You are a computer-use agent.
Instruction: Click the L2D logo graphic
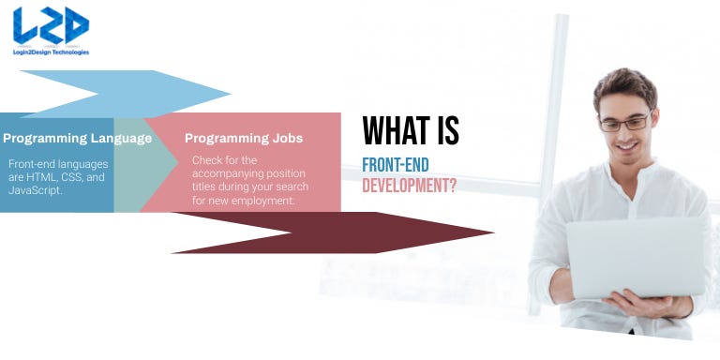point(51,26)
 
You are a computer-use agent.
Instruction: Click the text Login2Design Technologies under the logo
point(52,52)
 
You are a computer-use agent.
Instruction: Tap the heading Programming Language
point(77,139)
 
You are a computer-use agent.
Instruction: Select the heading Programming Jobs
point(244,139)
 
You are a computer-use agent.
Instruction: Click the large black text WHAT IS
point(411,131)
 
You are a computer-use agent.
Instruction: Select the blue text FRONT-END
point(396,166)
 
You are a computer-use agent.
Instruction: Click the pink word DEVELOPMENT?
point(410,186)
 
